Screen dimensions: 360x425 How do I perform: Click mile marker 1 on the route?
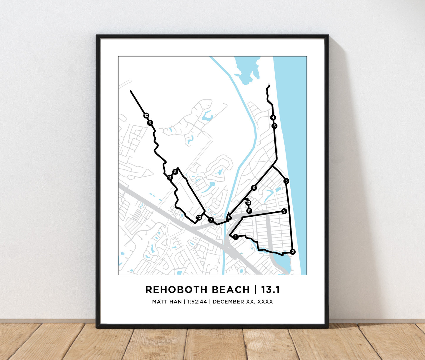coord(235,237)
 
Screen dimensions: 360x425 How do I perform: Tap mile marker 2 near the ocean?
coord(292,252)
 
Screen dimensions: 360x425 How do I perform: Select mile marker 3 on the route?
coord(286,181)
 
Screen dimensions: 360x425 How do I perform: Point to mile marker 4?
coord(273,118)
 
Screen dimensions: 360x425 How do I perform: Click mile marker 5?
coord(274,126)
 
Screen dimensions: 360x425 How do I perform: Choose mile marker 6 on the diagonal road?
coord(254,188)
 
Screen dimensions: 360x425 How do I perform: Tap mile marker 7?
coord(211,220)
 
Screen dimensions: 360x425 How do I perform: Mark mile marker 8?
coord(175,172)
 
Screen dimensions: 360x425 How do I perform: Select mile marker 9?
coord(150,123)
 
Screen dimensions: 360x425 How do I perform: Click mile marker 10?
coord(146,116)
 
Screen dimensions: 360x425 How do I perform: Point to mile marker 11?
coord(170,178)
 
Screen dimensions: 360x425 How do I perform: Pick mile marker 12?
coord(199,218)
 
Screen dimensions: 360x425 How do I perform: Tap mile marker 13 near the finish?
coord(248,203)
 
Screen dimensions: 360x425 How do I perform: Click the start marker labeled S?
coord(284,211)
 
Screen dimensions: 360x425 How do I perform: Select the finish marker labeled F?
coord(249,211)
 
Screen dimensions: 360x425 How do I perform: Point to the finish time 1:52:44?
coord(197,302)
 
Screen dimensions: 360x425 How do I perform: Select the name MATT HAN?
coord(167,302)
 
